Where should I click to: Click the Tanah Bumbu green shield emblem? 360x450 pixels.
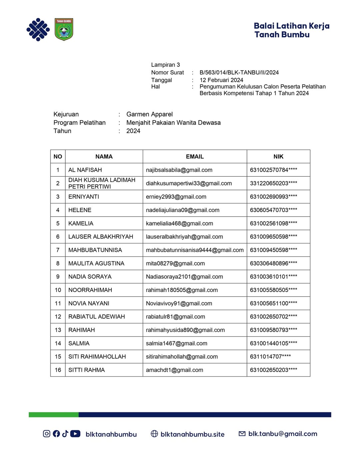pyautogui.click(x=64, y=29)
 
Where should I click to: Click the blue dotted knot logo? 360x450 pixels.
pyautogui.click(x=38, y=30)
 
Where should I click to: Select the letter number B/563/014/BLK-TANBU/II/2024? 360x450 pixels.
pyautogui.click(x=239, y=72)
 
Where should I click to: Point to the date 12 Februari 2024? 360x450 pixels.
pyautogui.click(x=221, y=80)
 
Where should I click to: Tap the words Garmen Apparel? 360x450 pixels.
pyautogui.click(x=149, y=114)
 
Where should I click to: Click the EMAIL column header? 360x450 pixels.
pyautogui.click(x=195, y=157)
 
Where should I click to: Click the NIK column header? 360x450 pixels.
pyautogui.click(x=278, y=157)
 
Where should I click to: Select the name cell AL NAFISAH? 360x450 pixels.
pyautogui.click(x=85, y=170)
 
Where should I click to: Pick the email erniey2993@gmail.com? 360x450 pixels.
pyautogui.click(x=176, y=197)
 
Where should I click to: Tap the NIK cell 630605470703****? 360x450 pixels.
pyautogui.click(x=273, y=210)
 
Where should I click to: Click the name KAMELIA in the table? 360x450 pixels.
pyautogui.click(x=81, y=223)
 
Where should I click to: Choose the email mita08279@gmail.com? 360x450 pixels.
pyautogui.click(x=175, y=263)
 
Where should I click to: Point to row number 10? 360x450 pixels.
pyautogui.click(x=58, y=290)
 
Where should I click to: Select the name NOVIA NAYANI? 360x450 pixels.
pyautogui.click(x=89, y=303)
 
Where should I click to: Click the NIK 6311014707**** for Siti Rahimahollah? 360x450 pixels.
pyautogui.click(x=270, y=357)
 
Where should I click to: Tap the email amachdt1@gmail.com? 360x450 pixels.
pyautogui.click(x=174, y=370)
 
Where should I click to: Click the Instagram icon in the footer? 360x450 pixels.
pyautogui.click(x=47, y=433)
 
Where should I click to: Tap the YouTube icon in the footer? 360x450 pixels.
pyautogui.click(x=75, y=433)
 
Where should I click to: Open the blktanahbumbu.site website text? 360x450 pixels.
pyautogui.click(x=192, y=434)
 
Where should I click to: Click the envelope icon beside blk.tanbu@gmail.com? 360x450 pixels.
pyautogui.click(x=242, y=434)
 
